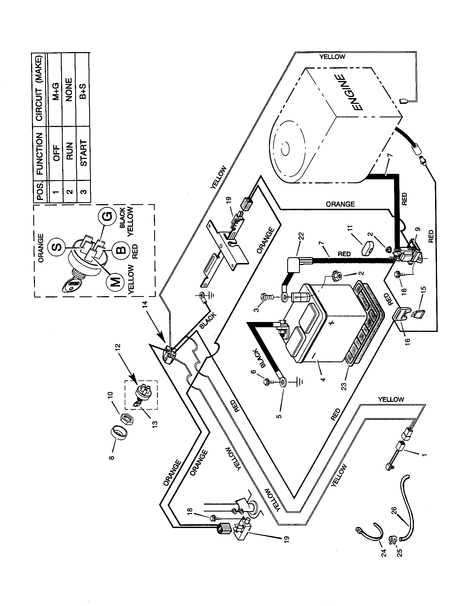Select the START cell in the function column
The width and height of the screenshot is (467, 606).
83,153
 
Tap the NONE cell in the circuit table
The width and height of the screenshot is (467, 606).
69,90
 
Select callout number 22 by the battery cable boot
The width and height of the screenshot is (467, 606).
302,236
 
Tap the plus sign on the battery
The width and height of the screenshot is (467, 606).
333,323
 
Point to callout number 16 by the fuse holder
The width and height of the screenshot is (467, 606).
407,340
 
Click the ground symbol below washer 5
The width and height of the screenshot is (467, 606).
300,382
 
